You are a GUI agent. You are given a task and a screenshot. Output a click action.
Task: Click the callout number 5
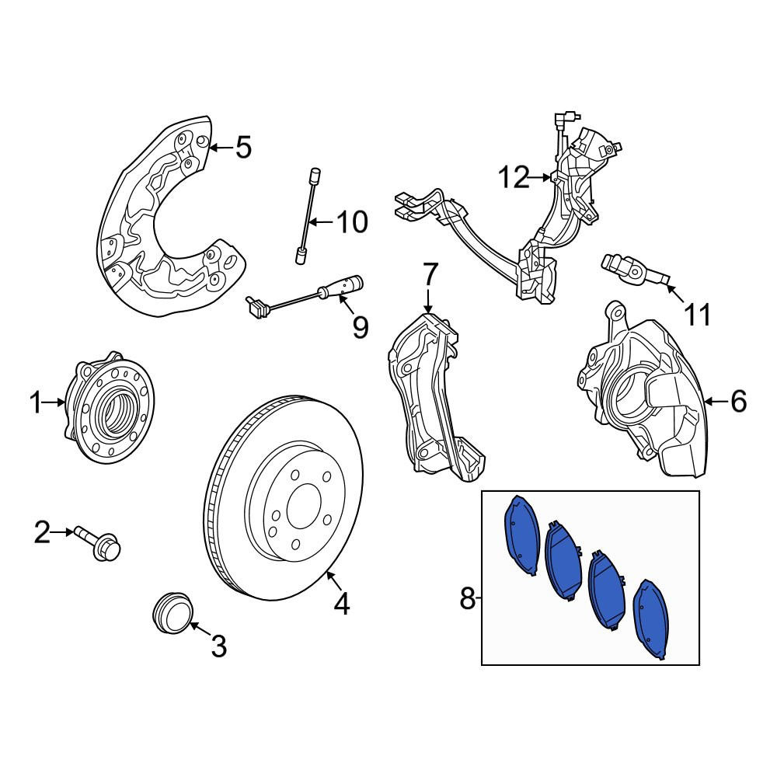pyautogui.click(x=243, y=147)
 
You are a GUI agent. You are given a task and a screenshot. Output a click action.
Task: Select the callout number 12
pyautogui.click(x=514, y=177)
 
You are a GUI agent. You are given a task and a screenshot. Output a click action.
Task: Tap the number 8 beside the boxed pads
pyautogui.click(x=467, y=598)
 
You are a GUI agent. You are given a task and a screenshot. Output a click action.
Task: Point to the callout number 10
pyautogui.click(x=352, y=222)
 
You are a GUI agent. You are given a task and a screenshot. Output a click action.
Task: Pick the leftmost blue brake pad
pyautogui.click(x=522, y=535)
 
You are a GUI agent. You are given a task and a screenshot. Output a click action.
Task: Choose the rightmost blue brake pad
pyautogui.click(x=652, y=619)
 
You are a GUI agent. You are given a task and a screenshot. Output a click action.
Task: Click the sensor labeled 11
pyautogui.click(x=636, y=270)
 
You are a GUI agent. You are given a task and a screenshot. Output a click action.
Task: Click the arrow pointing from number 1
pyautogui.click(x=54, y=402)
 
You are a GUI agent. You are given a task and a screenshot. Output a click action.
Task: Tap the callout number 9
pyautogui.click(x=361, y=327)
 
